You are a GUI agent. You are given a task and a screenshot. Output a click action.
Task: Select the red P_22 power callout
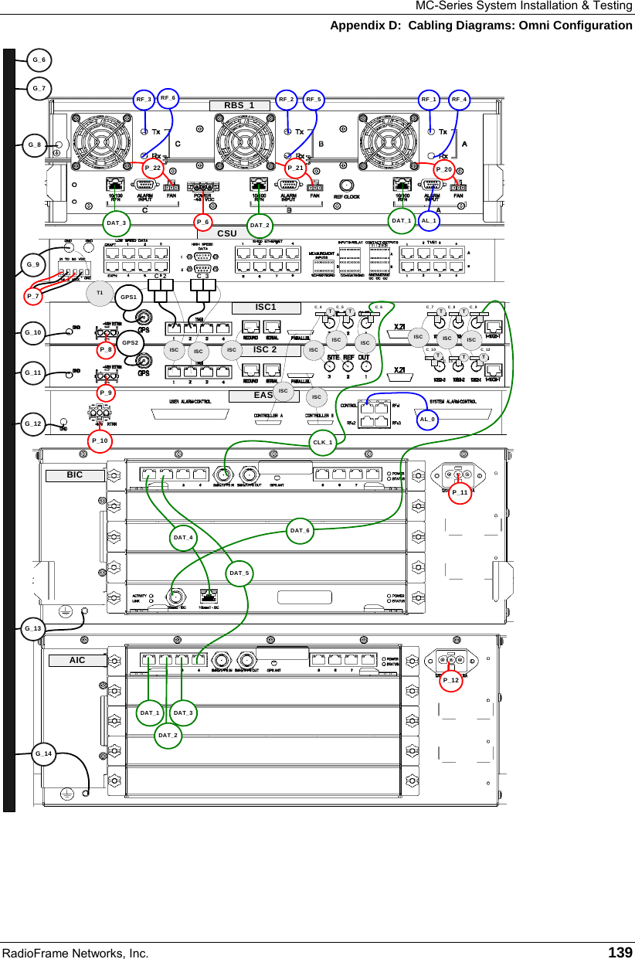pyautogui.click(x=152, y=168)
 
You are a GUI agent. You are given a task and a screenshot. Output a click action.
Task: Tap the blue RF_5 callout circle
pyautogui.click(x=314, y=100)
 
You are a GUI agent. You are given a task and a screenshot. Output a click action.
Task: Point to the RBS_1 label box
pyautogui.click(x=239, y=105)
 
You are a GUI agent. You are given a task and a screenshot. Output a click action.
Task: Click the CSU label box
pyautogui.click(x=227, y=233)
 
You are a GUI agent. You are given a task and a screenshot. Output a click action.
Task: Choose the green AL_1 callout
pyautogui.click(x=430, y=221)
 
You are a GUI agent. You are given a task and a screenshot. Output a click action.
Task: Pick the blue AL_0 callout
pyautogui.click(x=427, y=420)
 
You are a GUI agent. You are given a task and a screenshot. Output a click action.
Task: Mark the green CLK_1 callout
pyautogui.click(x=322, y=442)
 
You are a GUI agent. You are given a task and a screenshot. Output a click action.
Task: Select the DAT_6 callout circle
pyautogui.click(x=300, y=531)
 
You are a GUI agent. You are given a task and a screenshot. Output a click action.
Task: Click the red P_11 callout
pyautogui.click(x=460, y=492)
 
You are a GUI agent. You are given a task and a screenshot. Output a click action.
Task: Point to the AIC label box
pyautogui.click(x=77, y=660)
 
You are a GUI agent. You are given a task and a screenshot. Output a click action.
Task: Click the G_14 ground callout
pyautogui.click(x=43, y=753)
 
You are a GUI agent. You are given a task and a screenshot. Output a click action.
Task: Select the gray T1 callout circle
pyautogui.click(x=99, y=293)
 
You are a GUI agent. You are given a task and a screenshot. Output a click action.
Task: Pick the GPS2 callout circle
pyautogui.click(x=130, y=342)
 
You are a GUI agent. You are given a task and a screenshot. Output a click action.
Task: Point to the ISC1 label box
pyautogui.click(x=266, y=307)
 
